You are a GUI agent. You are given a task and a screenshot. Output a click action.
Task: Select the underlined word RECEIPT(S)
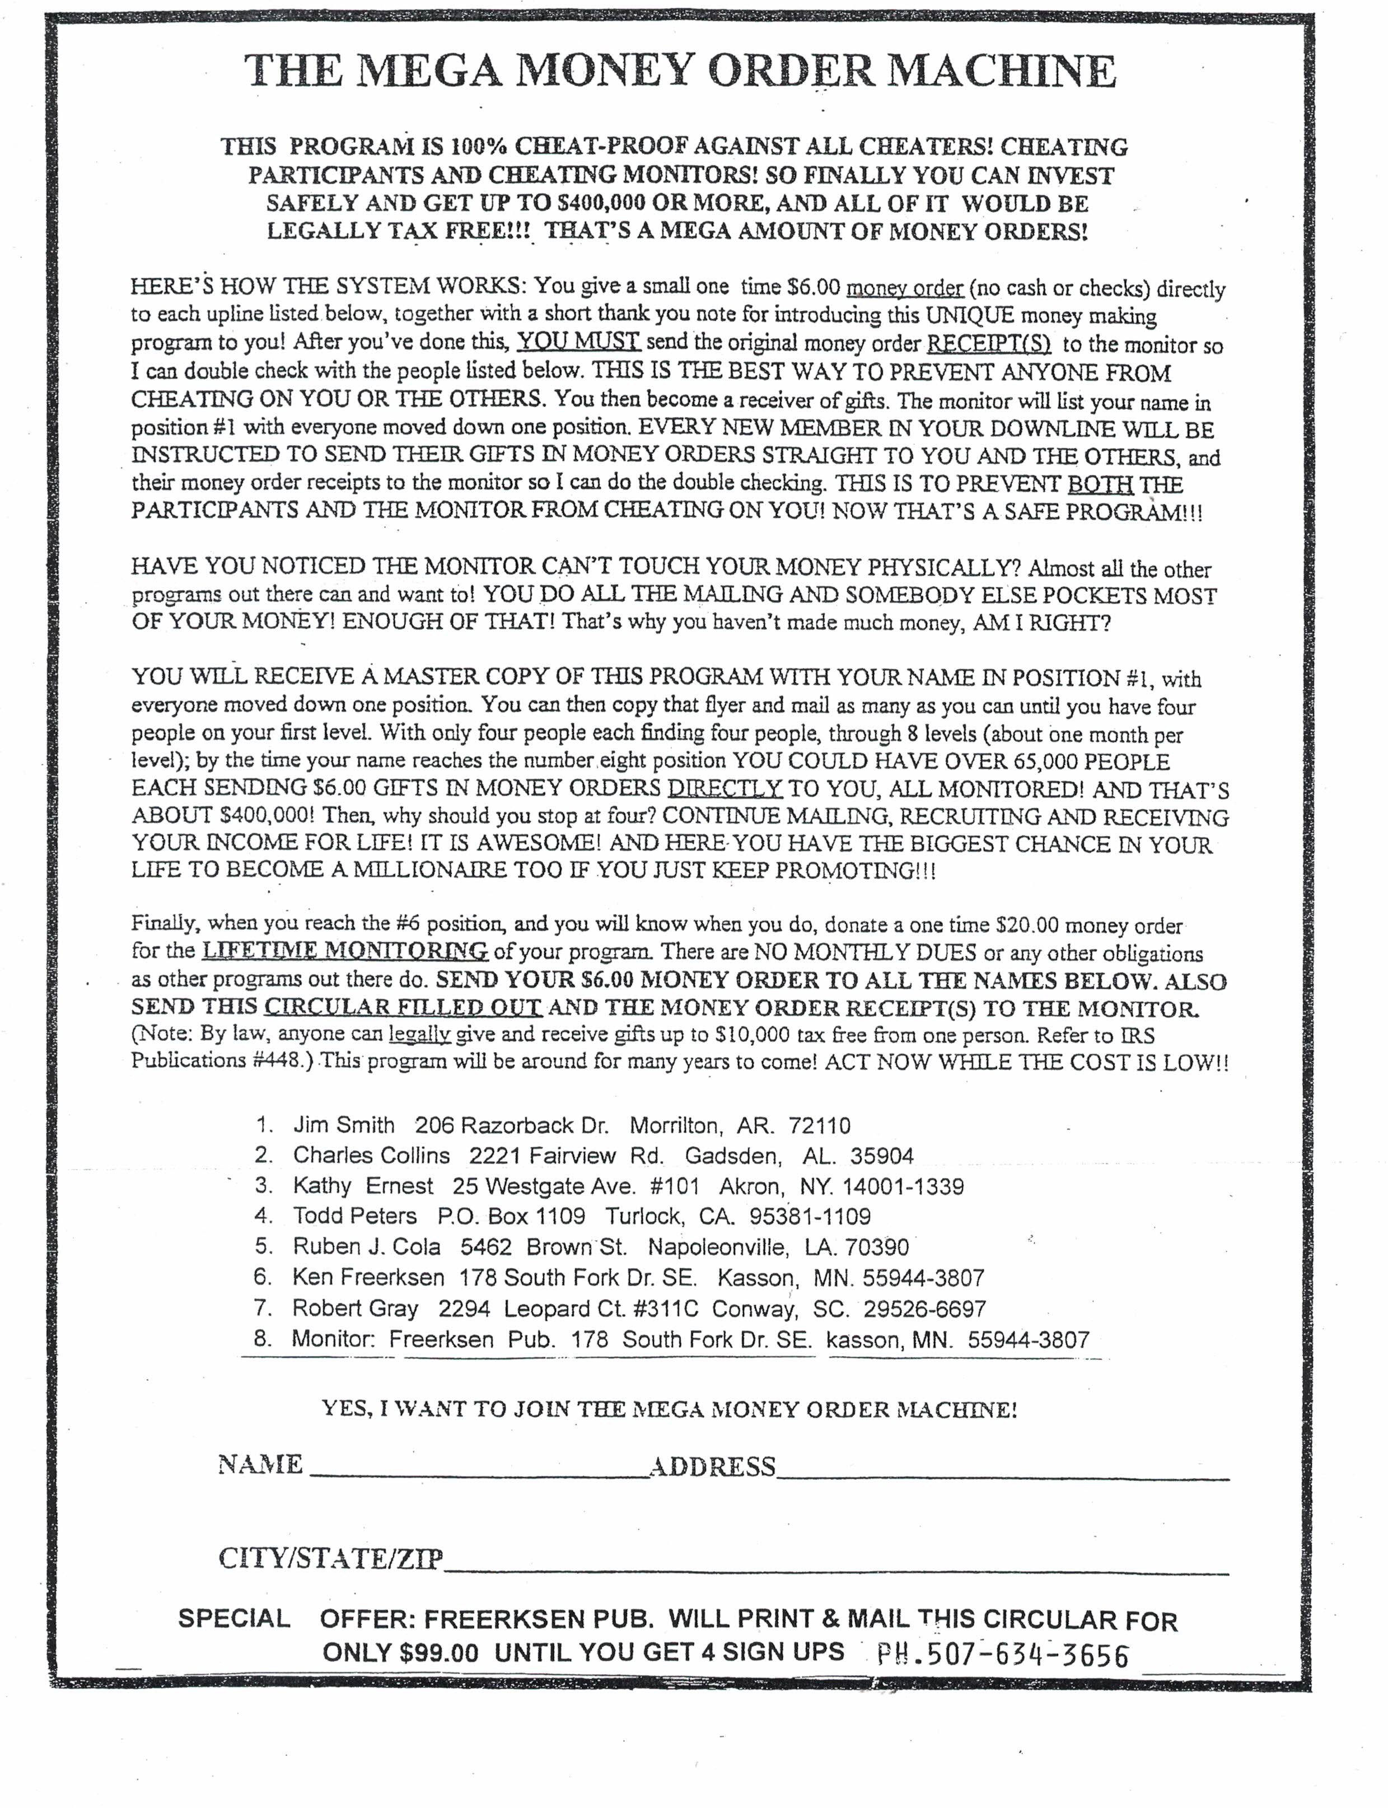pos(989,344)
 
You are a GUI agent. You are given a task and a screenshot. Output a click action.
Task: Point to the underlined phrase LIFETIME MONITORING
pos(345,951)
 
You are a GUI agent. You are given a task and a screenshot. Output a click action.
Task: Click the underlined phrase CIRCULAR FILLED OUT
pos(403,1007)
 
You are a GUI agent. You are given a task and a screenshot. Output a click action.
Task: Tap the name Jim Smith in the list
pos(344,1125)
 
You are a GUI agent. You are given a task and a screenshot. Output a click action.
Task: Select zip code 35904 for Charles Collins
pos(881,1156)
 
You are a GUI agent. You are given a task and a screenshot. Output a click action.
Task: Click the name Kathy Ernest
pos(363,1186)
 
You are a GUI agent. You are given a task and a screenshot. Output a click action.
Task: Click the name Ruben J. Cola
pos(366,1247)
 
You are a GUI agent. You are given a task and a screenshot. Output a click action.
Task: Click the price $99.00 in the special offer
pos(439,1653)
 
